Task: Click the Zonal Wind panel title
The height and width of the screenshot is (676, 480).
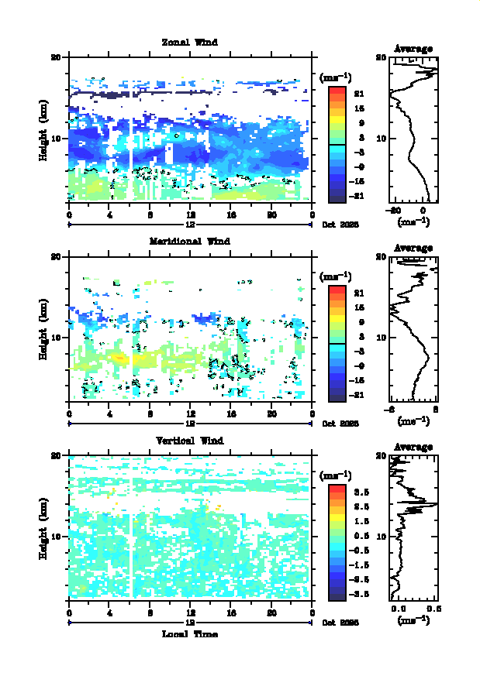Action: pyautogui.click(x=189, y=43)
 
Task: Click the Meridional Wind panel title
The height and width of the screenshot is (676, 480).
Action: pyautogui.click(x=189, y=241)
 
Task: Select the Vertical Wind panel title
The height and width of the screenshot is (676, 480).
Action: pyautogui.click(x=190, y=441)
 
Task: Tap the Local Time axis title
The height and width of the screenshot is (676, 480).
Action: pyautogui.click(x=190, y=634)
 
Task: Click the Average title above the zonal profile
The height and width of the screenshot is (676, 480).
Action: pyautogui.click(x=413, y=49)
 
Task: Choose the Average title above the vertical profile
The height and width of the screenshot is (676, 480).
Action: pyautogui.click(x=413, y=447)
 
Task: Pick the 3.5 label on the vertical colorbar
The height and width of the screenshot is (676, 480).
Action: pyautogui.click(x=361, y=492)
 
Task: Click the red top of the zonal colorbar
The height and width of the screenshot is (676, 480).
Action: pyautogui.click(x=337, y=91)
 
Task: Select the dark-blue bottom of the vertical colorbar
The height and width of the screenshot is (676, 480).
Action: pyautogui.click(x=337, y=596)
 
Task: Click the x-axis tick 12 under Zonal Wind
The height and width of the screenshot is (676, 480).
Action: pyautogui.click(x=190, y=215)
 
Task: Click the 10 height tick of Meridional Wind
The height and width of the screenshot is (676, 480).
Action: pyautogui.click(x=56, y=338)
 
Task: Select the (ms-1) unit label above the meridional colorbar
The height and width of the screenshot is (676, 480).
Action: pyautogui.click(x=335, y=276)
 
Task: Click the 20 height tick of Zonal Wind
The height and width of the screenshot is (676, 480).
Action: pyautogui.click(x=56, y=57)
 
